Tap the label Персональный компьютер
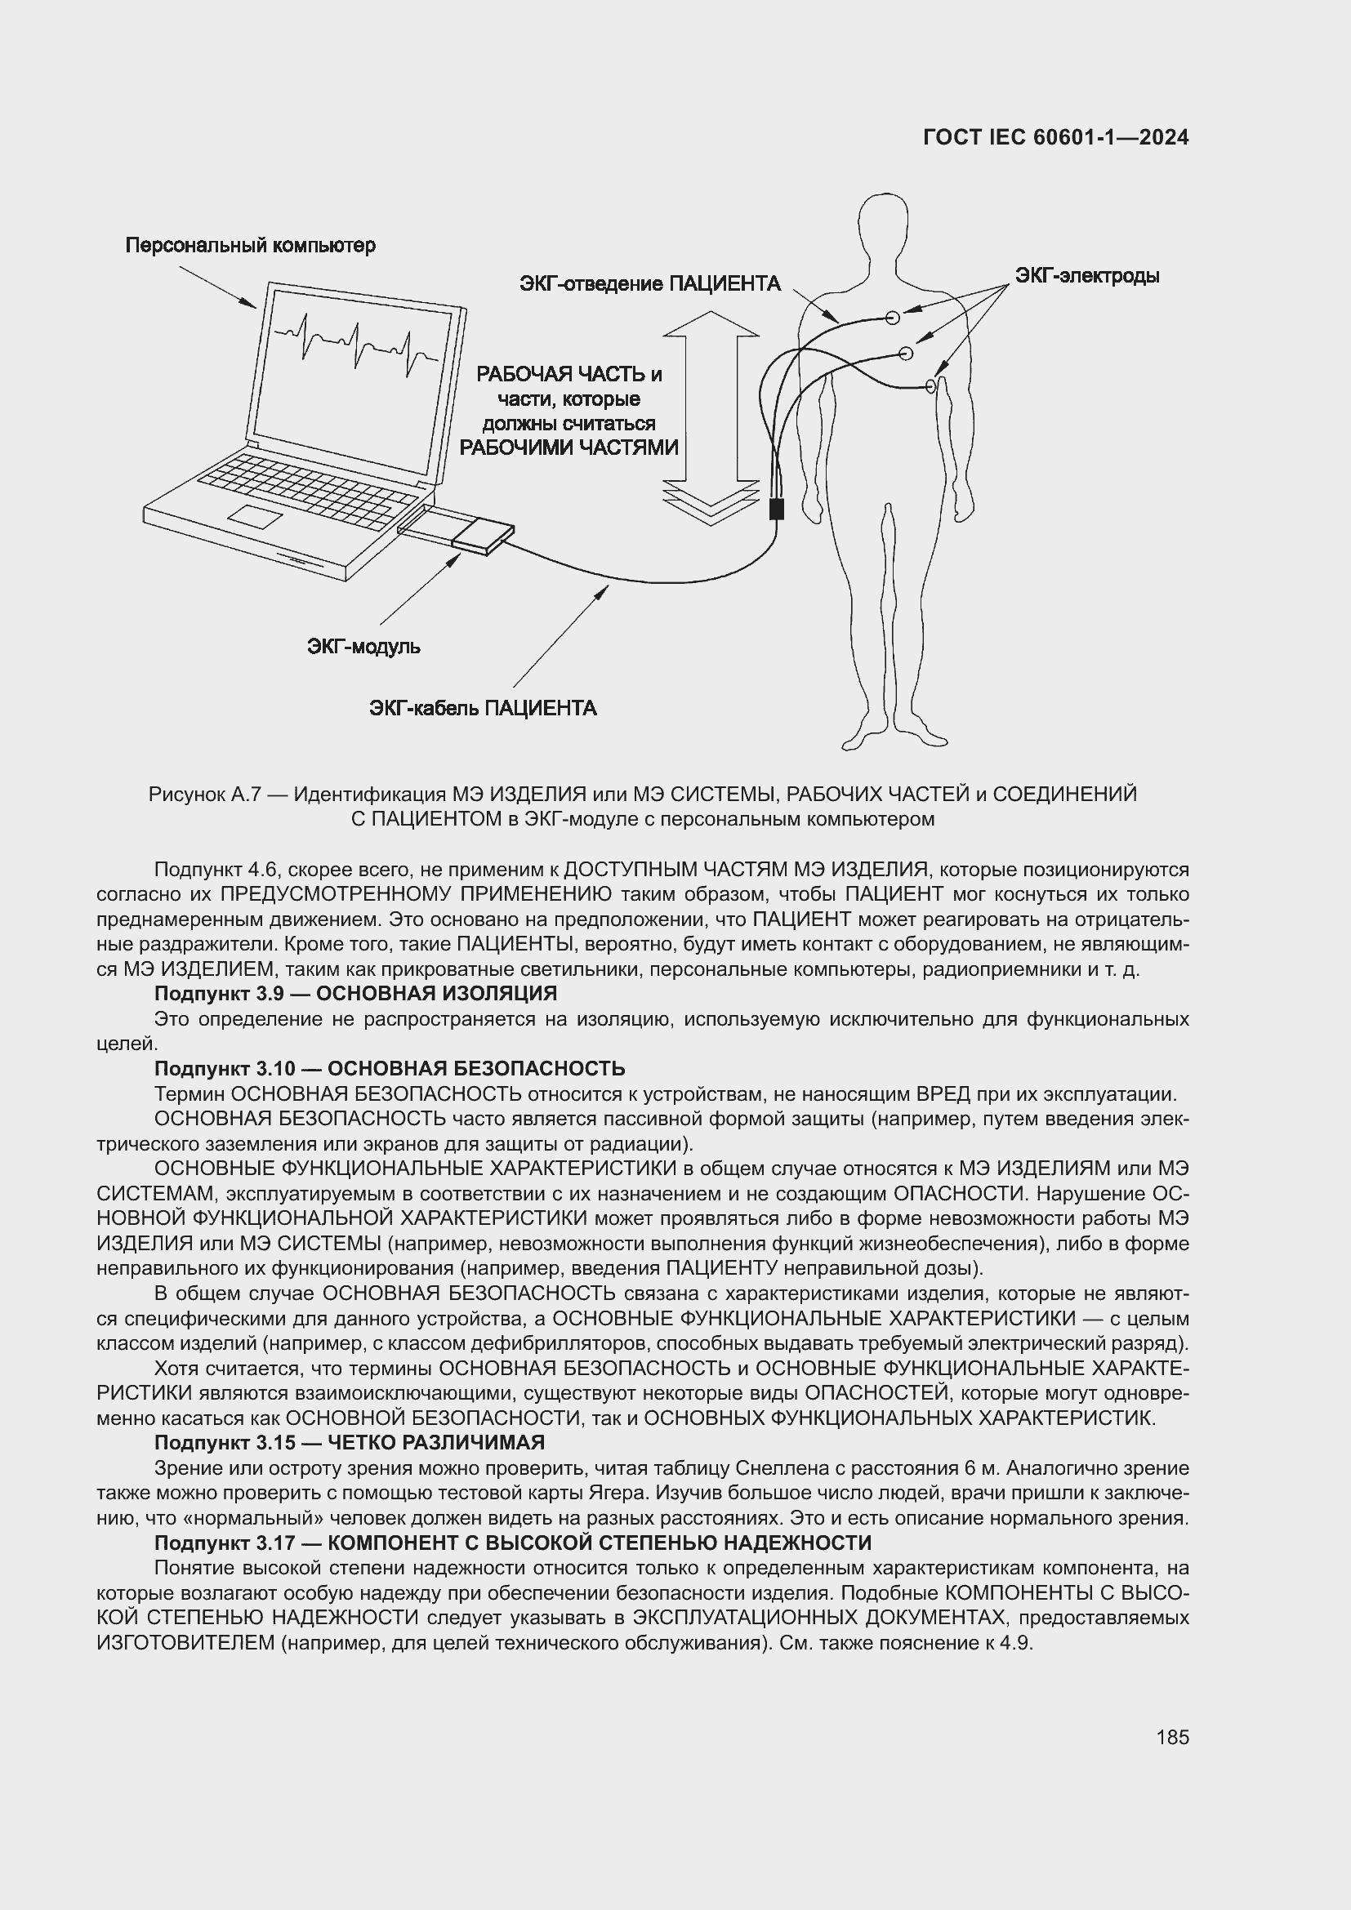click(251, 246)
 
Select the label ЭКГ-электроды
click(1086, 275)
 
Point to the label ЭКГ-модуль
click(363, 647)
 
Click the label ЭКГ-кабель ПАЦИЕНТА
click(483, 708)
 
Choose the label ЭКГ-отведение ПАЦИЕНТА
click(649, 283)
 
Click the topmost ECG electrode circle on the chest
click(893, 317)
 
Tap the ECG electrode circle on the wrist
click(931, 385)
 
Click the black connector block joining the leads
click(777, 508)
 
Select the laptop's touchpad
click(256, 516)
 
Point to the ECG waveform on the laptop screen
click(356, 341)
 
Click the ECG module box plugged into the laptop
click(483, 536)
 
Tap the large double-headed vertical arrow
click(711, 416)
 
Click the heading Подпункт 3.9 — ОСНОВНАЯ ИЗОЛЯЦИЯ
click(355, 993)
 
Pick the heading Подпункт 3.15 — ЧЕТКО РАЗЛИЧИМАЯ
click(350, 1441)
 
